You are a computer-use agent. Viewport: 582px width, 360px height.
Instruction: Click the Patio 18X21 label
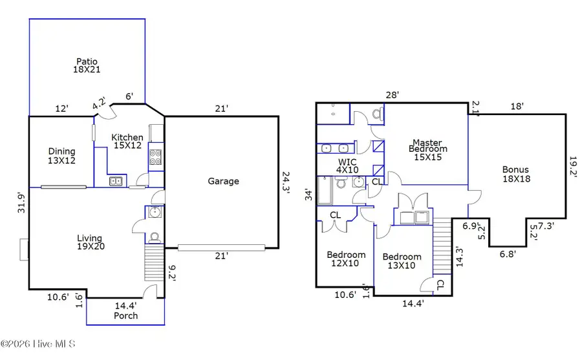click(x=86, y=64)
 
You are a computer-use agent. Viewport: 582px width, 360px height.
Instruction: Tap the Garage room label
click(x=223, y=181)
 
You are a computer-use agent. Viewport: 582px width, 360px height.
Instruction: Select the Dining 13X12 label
click(x=61, y=155)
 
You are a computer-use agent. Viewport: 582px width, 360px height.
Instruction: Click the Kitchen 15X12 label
click(x=127, y=142)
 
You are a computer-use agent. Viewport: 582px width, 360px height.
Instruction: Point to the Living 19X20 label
click(x=91, y=242)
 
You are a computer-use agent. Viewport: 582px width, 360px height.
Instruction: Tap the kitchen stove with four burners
click(x=156, y=158)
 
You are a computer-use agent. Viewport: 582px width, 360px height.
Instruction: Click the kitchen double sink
click(x=116, y=181)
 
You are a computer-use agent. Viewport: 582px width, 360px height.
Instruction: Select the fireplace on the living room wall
click(x=25, y=249)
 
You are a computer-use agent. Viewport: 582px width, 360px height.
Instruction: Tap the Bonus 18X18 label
click(x=516, y=174)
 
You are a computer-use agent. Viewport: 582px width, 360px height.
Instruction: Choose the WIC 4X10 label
click(x=347, y=166)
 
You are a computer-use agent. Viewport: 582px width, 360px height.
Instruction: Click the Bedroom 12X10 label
click(x=346, y=259)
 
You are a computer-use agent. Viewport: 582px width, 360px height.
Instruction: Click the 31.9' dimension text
click(x=22, y=202)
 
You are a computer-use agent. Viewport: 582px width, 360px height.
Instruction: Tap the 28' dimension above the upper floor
click(x=392, y=95)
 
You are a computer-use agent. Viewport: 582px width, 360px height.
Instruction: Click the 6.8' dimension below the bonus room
click(x=508, y=254)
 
